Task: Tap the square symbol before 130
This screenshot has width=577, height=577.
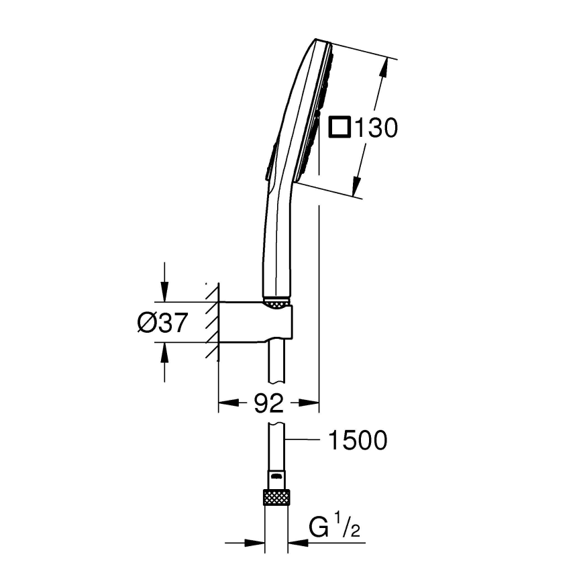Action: (x=339, y=127)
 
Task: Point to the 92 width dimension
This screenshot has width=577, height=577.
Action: (x=268, y=403)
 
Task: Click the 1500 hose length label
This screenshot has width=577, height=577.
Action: (x=358, y=441)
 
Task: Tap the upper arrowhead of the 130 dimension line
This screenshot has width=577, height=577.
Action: (x=384, y=66)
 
